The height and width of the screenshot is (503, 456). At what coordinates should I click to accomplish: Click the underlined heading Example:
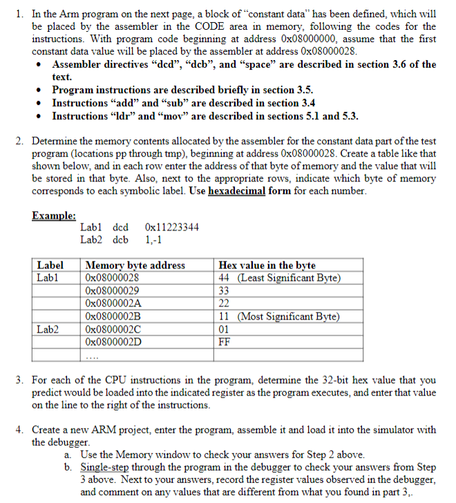pos(54,215)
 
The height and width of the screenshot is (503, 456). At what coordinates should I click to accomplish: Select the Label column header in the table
pos(50,265)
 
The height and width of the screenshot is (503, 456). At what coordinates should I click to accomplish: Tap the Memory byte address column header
pos(135,265)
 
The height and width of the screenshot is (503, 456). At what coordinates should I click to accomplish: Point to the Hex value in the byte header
pos(267,265)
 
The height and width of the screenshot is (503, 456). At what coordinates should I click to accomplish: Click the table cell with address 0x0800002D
pos(113,341)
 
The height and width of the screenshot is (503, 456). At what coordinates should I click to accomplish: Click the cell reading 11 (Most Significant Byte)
pos(278,316)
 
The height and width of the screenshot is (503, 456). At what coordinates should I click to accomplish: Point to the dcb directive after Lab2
pos(121,239)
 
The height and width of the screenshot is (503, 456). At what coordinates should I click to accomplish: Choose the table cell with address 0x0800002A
pos(113,303)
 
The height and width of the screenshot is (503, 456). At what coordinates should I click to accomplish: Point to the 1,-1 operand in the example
pos(153,239)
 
